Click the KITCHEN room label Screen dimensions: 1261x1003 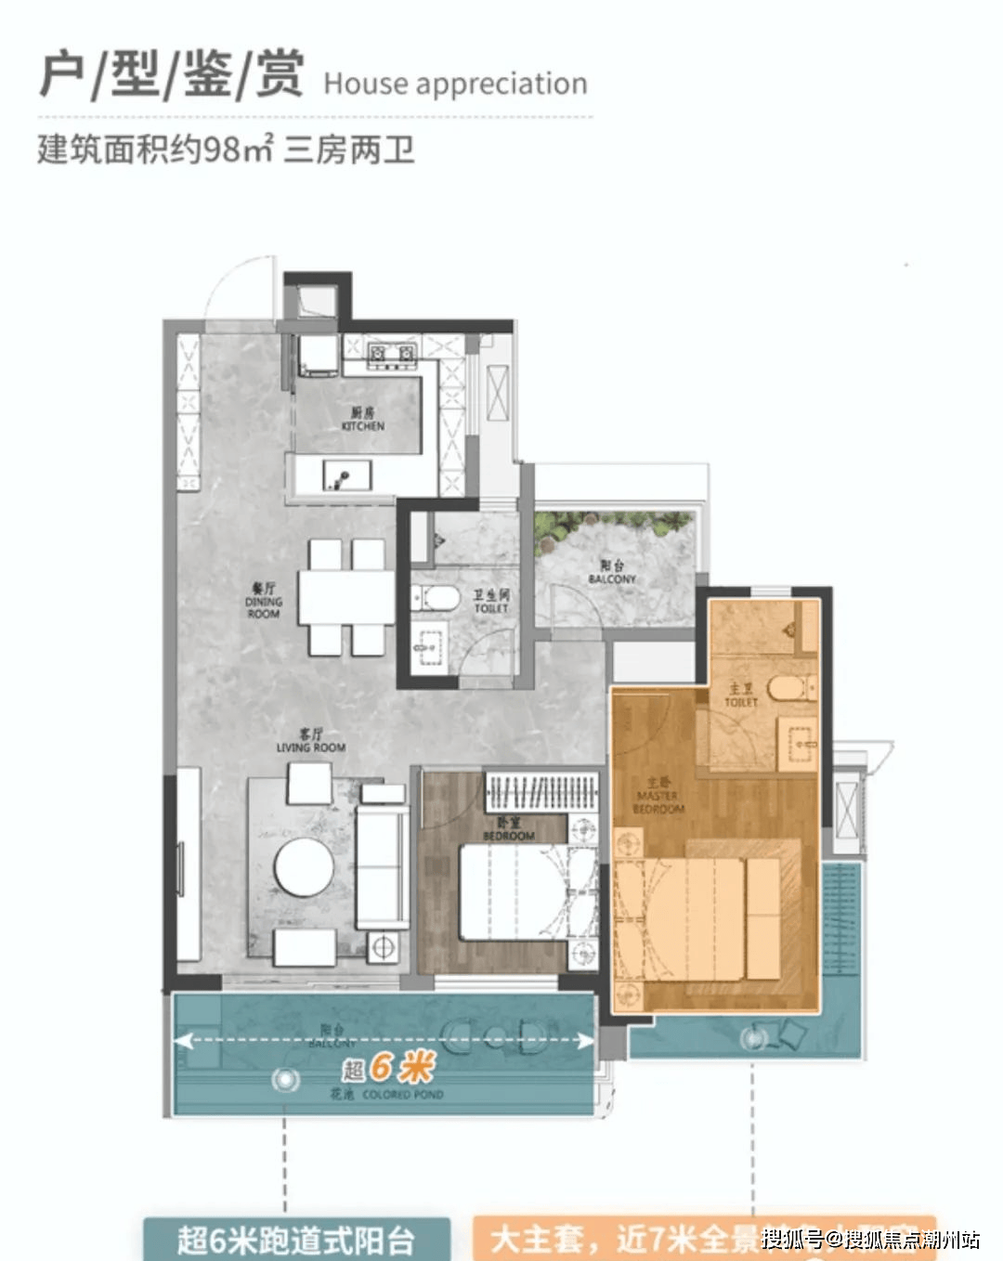(x=362, y=420)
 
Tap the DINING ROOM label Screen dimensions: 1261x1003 (x=264, y=601)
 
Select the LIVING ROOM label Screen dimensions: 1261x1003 (x=311, y=741)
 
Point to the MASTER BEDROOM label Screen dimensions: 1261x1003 (x=659, y=797)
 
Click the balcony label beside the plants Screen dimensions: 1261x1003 (x=612, y=572)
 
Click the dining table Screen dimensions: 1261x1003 (x=346, y=598)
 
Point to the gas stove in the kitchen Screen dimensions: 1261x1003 (x=392, y=353)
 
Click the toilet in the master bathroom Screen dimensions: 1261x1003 (x=791, y=688)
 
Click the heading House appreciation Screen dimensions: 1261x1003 (x=455, y=84)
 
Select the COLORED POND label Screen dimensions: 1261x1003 (x=402, y=1095)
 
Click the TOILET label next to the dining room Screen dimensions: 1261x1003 (x=491, y=602)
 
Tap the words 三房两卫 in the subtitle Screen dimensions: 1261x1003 (x=349, y=149)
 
